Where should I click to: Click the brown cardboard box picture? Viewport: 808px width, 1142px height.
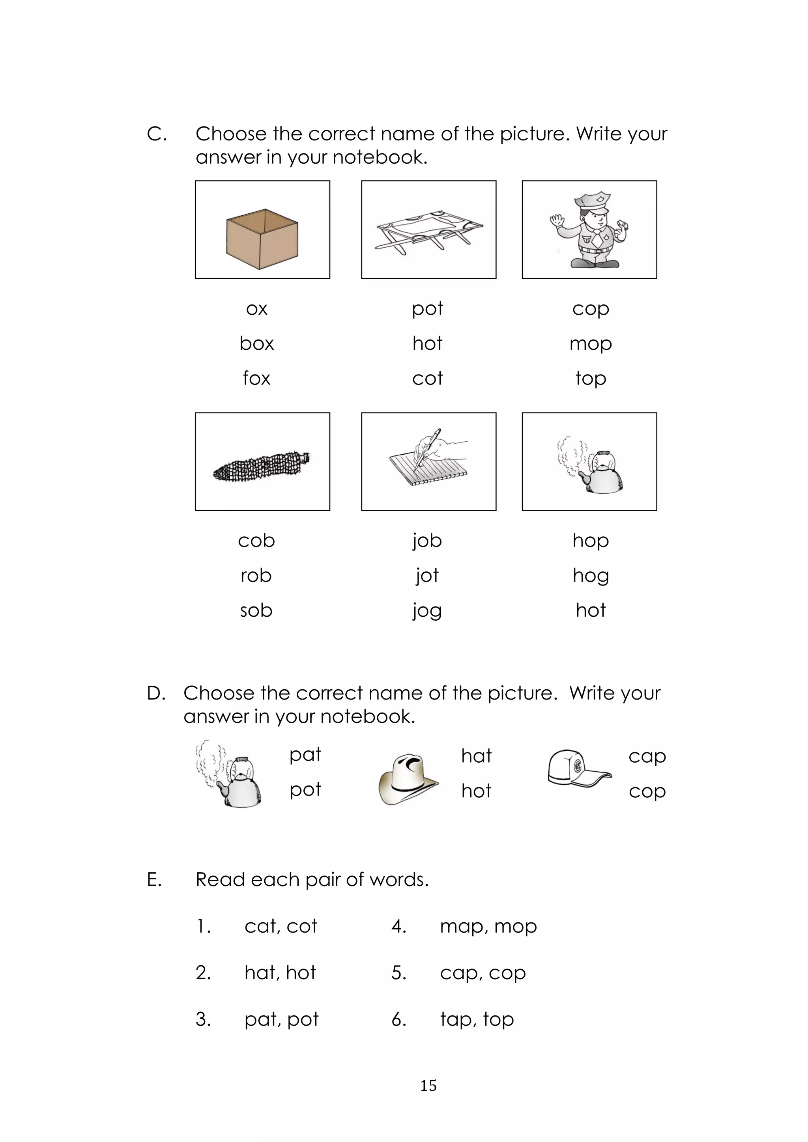point(262,239)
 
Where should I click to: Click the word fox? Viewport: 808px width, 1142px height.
point(256,379)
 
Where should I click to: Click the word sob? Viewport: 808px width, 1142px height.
point(256,611)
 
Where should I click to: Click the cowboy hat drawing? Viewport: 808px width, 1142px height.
point(408,778)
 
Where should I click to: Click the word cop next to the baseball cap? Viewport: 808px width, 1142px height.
point(647,791)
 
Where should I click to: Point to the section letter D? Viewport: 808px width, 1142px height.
point(156,693)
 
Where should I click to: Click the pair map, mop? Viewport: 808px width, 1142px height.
point(488,927)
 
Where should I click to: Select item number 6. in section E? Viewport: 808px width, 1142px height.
point(399,1019)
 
